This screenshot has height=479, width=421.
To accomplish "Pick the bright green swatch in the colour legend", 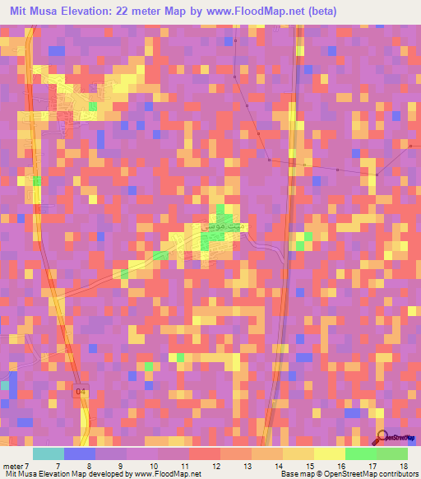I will pos(360,453).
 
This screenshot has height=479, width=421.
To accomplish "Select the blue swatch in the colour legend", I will pos(80,453).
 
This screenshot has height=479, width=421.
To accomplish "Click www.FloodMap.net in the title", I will pos(252,12).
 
